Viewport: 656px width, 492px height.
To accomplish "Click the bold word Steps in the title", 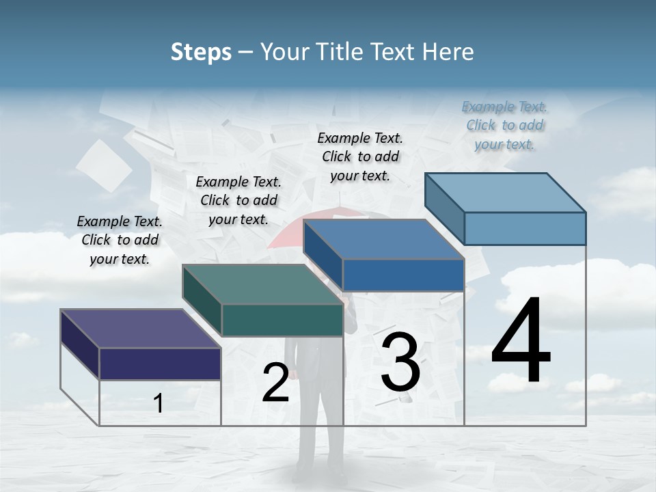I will [x=201, y=52].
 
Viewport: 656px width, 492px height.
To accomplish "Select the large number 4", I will [x=521, y=341].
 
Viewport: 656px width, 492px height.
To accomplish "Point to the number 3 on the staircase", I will [x=400, y=362].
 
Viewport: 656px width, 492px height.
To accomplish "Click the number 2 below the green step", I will [x=275, y=383].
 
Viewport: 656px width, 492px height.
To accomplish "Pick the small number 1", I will [x=159, y=404].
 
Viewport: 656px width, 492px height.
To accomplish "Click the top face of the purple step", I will [x=140, y=329].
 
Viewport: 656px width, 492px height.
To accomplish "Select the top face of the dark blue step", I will [x=383, y=240].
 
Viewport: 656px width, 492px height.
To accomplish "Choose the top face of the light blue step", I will [x=505, y=193].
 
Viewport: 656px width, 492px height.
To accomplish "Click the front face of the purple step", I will [x=160, y=364].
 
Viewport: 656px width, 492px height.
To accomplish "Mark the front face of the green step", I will [x=282, y=320].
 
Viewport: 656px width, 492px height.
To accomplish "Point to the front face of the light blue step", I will [x=525, y=228].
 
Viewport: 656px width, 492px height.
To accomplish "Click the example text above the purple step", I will [x=120, y=240].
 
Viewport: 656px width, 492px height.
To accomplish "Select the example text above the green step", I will [x=238, y=200].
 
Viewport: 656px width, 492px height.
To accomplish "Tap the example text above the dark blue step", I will [x=360, y=156].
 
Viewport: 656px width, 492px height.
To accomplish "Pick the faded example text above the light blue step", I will [x=505, y=125].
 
